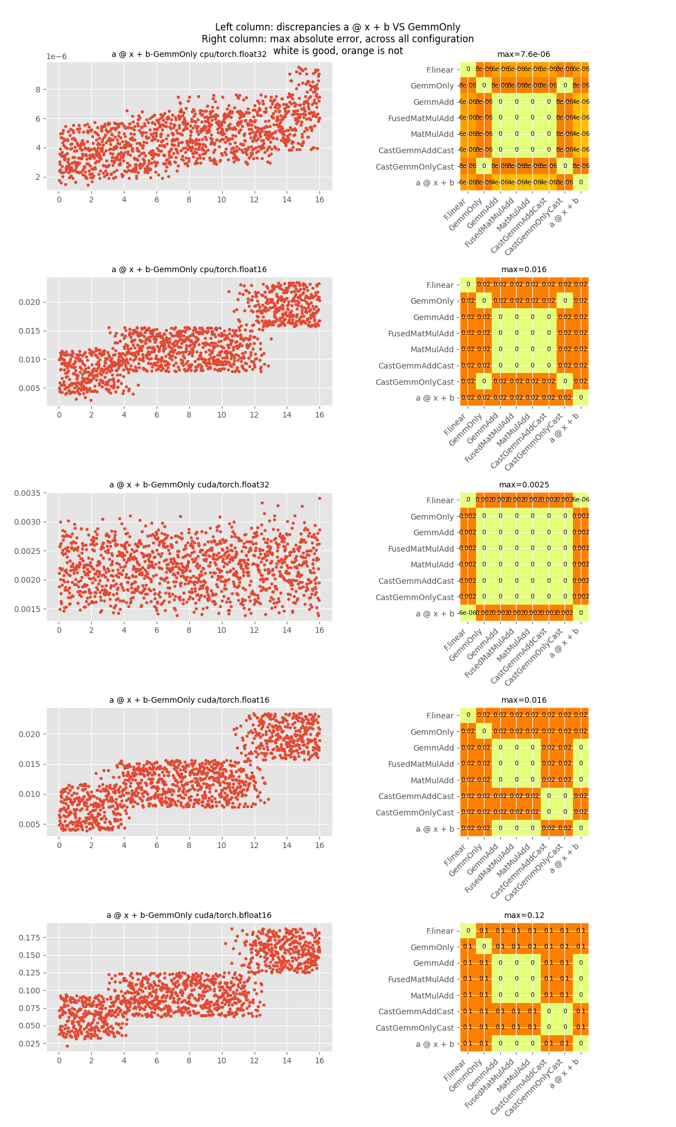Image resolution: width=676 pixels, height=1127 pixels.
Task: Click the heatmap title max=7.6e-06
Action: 523,55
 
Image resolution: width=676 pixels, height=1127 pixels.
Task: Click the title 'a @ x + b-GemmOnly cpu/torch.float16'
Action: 189,270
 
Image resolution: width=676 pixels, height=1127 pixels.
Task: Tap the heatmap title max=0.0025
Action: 523,485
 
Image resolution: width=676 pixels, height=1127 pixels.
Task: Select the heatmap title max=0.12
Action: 523,916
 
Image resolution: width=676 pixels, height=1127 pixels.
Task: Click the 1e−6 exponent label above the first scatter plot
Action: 56,57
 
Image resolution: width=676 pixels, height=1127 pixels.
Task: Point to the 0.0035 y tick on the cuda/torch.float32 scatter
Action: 28,493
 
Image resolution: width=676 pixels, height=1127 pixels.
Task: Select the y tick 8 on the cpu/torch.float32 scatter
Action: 37,89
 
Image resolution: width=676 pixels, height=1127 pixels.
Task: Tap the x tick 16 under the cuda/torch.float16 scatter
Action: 319,846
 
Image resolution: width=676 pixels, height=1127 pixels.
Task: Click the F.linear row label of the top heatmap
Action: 439,70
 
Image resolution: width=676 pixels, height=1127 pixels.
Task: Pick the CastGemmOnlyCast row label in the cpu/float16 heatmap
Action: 414,382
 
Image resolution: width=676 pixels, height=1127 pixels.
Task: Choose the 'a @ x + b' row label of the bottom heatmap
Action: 434,1045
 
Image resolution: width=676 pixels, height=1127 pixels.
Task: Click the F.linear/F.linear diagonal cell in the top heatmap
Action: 468,69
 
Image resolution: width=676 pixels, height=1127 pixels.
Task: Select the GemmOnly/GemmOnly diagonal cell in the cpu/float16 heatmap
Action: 484,301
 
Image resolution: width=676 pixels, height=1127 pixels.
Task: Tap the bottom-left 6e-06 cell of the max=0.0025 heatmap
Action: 468,613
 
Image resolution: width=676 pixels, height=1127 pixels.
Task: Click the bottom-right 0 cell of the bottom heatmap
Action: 581,1044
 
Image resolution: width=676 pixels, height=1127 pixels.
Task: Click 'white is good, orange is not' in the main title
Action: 338,51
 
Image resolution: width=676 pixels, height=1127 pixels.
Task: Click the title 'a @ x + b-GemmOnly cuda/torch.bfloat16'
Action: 189,916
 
